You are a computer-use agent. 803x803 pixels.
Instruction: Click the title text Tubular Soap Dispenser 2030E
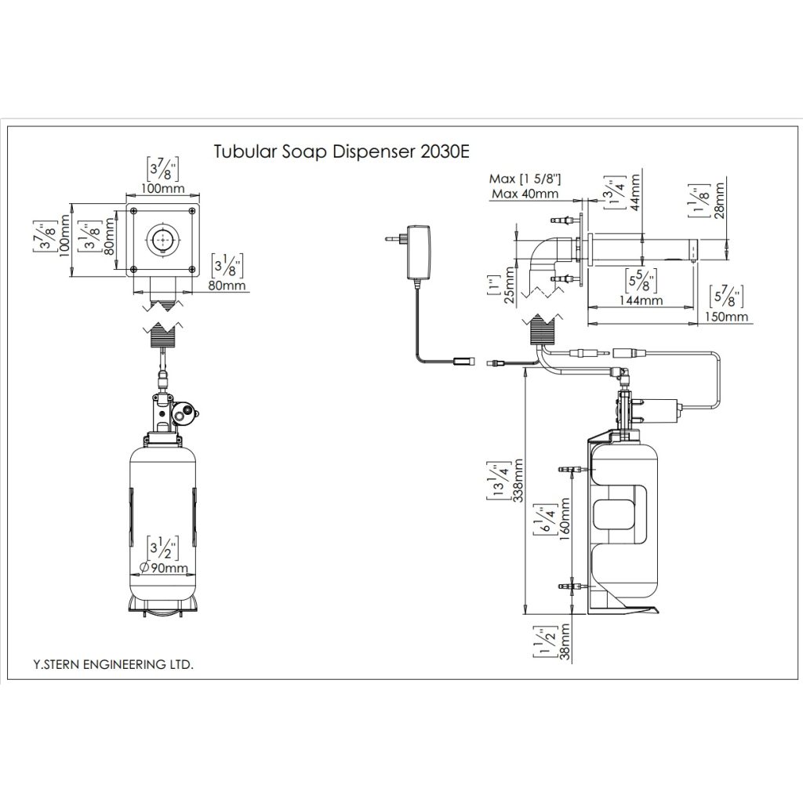click(x=341, y=151)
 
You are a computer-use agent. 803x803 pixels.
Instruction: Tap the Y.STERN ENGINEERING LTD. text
click(x=113, y=663)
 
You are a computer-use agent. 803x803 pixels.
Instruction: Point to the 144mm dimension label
click(x=640, y=300)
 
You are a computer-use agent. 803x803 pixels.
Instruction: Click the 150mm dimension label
click(x=727, y=317)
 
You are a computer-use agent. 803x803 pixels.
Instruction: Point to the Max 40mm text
click(x=525, y=194)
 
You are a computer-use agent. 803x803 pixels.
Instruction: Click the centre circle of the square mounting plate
click(x=163, y=239)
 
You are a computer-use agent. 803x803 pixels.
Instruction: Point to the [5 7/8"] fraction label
click(x=726, y=297)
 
